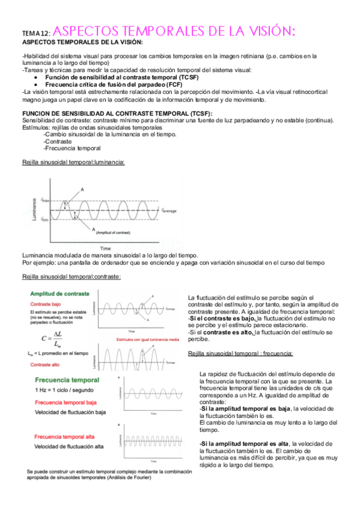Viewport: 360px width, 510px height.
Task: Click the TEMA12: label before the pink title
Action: click(36, 34)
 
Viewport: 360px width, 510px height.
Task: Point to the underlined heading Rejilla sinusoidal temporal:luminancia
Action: click(73, 162)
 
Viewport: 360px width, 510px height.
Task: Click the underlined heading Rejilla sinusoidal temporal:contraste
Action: click(71, 277)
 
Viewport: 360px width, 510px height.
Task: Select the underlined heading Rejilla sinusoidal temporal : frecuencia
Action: click(240, 353)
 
